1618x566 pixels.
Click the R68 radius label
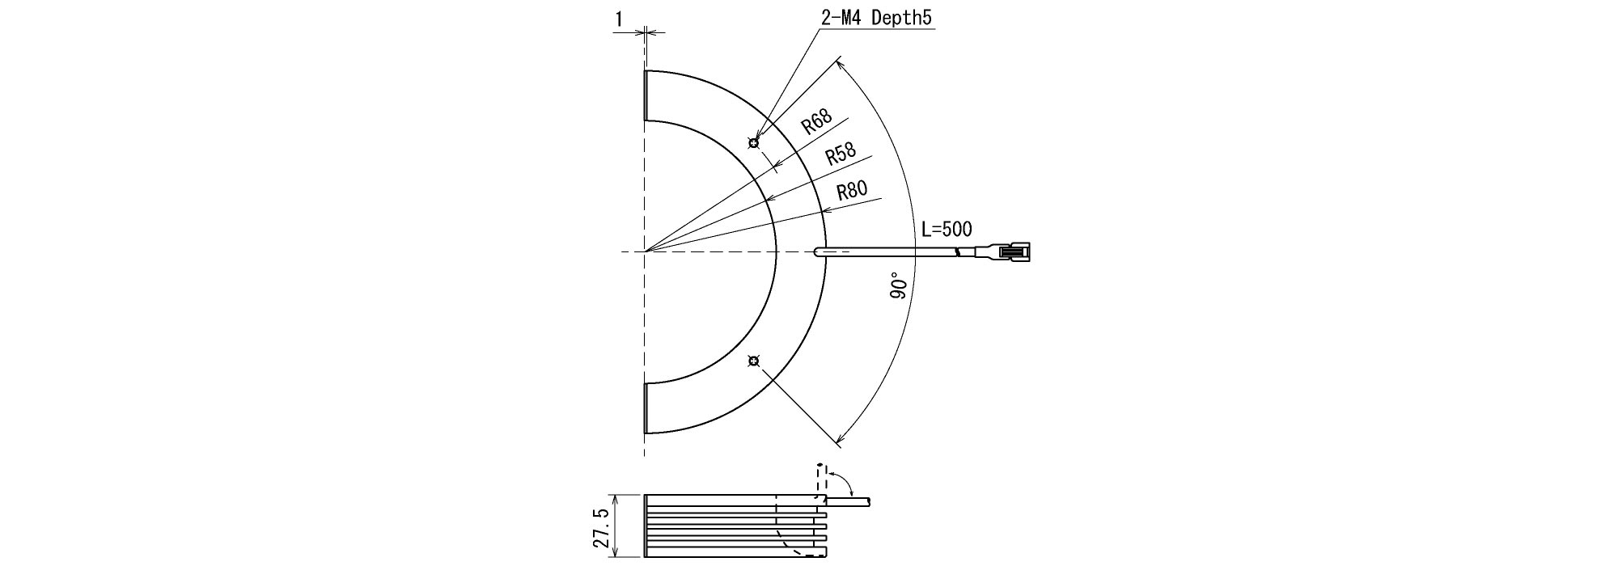click(x=816, y=123)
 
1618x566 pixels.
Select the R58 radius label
click(x=841, y=154)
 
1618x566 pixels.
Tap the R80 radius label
click(x=852, y=191)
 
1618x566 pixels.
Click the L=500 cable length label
click(x=947, y=229)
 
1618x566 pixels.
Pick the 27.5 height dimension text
click(x=601, y=527)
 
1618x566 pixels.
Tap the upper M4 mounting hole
click(x=754, y=144)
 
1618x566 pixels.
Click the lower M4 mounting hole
click(x=754, y=361)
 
